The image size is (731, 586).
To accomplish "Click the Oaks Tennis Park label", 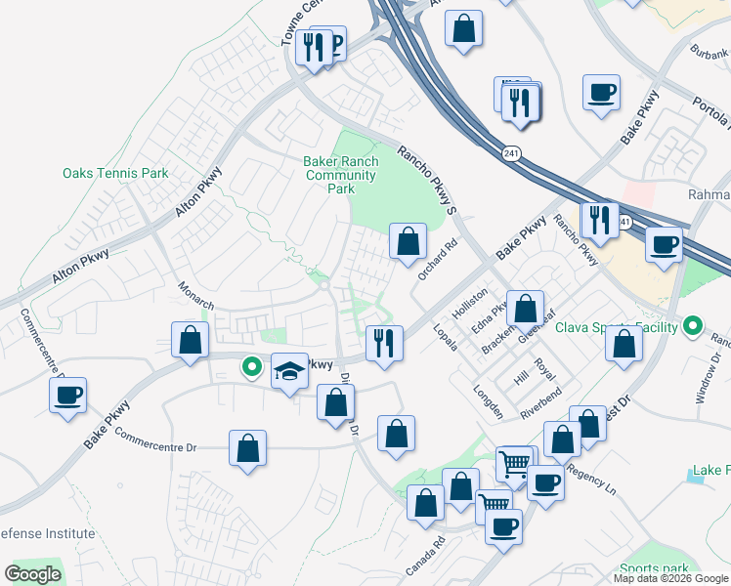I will pyautogui.click(x=115, y=174).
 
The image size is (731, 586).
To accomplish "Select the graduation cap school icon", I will pyautogui.click(x=288, y=371).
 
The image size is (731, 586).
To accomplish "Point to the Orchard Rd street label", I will pyautogui.click(x=437, y=261).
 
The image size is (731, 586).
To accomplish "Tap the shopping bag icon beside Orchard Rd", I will pyautogui.click(x=408, y=240).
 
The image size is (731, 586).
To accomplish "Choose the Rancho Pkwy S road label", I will pyautogui.click(x=427, y=179).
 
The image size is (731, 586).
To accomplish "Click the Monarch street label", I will pyautogui.click(x=195, y=297).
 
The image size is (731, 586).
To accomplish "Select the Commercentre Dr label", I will pyautogui.click(x=155, y=439).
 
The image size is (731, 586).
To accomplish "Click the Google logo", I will pyautogui.click(x=32, y=574).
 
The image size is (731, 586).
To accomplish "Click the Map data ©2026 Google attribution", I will pyautogui.click(x=670, y=578).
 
